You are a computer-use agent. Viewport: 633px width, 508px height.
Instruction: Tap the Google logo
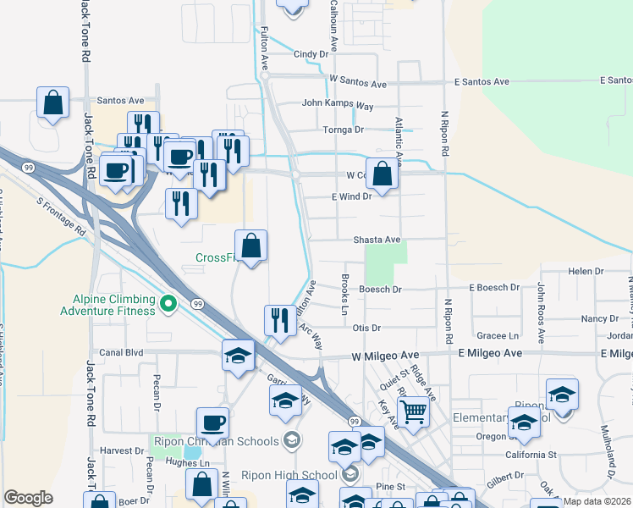pos(28,498)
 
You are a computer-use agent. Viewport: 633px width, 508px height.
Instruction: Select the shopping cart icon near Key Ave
pos(413,412)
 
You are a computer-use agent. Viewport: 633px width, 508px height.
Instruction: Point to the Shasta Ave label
pos(377,240)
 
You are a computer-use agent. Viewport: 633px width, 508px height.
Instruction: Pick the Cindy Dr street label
pos(311,54)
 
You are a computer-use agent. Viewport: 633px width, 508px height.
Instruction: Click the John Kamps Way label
pos(339,106)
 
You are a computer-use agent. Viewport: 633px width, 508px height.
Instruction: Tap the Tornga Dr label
pos(343,130)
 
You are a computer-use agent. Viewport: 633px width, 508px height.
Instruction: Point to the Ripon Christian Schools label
pos(215,441)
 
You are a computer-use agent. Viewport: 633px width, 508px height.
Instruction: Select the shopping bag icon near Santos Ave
pos(52,103)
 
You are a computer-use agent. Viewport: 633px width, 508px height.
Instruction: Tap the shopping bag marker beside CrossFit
pos(251,246)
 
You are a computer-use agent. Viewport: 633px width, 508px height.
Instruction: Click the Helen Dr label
pos(586,271)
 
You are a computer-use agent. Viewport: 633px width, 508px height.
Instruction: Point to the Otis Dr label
pos(367,328)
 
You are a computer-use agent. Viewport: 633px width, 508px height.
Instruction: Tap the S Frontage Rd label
pos(62,217)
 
